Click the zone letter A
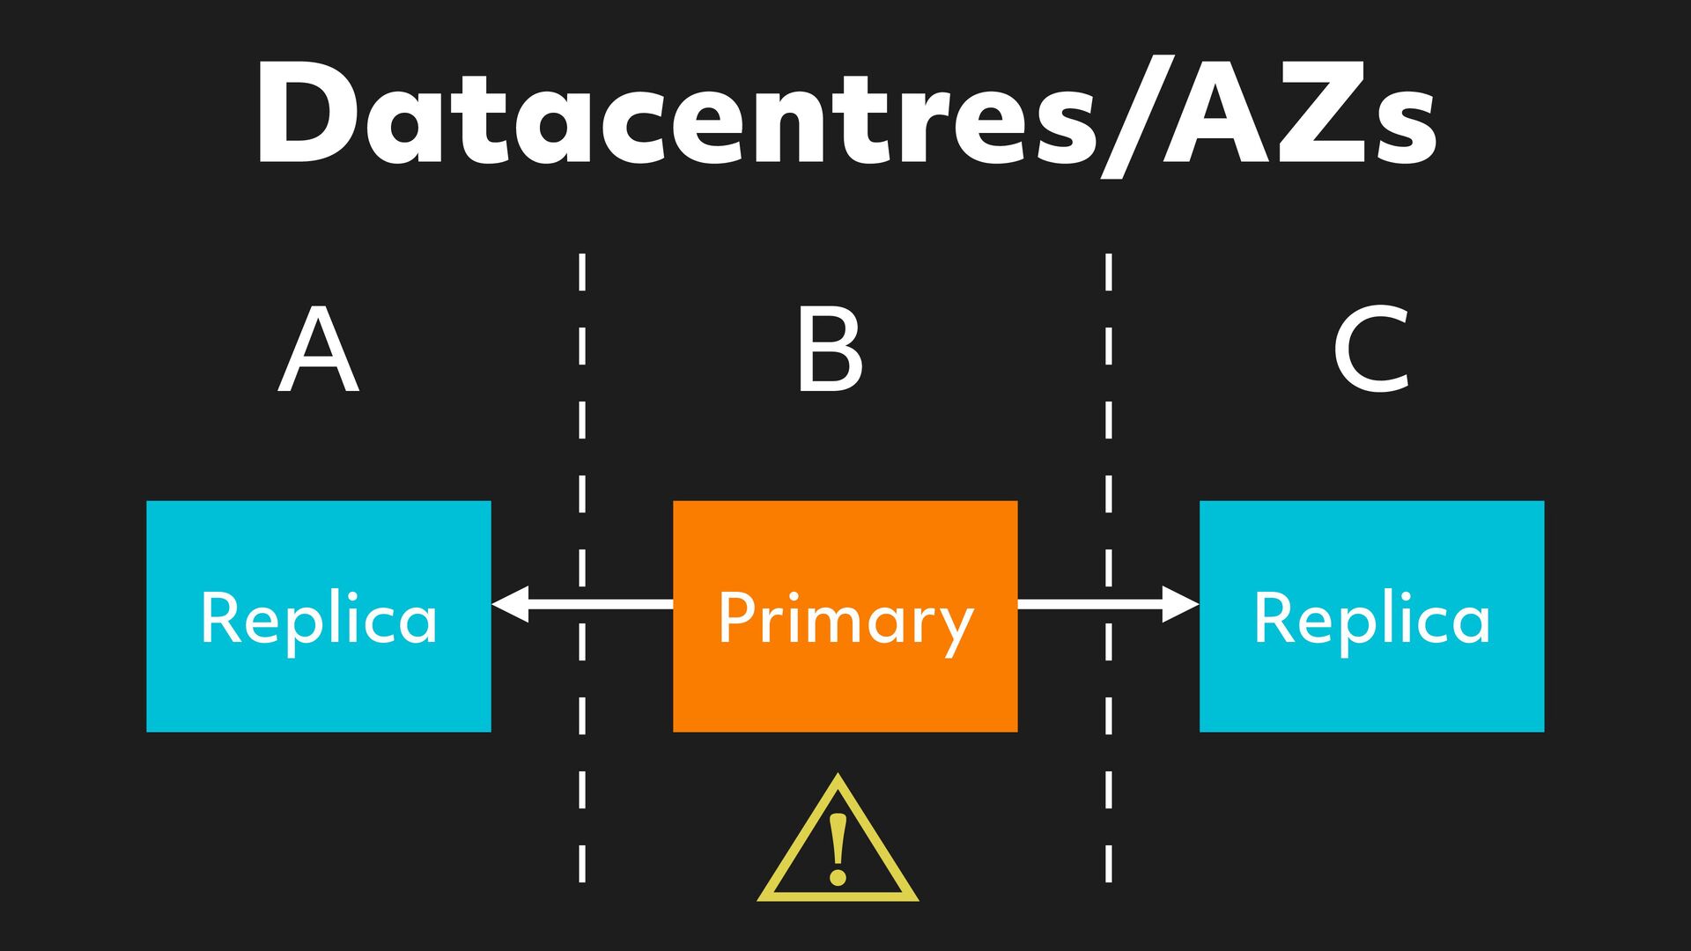click(x=318, y=350)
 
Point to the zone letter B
click(x=829, y=350)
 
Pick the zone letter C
click(x=1371, y=350)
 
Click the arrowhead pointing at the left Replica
click(x=510, y=604)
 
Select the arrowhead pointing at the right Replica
click(x=1180, y=604)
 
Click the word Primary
click(x=845, y=620)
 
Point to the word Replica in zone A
click(x=318, y=620)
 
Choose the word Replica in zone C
click(x=1371, y=620)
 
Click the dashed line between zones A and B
click(x=582, y=423)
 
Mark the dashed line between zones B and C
click(x=1108, y=423)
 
